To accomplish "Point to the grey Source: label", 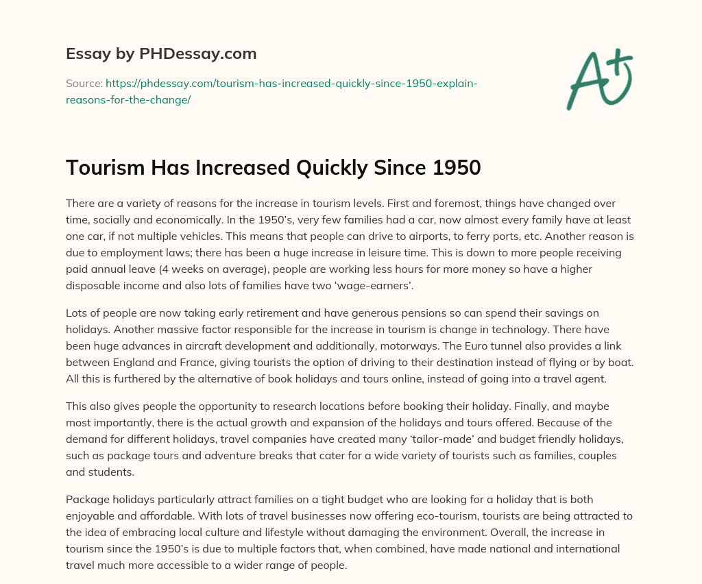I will point(84,84).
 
